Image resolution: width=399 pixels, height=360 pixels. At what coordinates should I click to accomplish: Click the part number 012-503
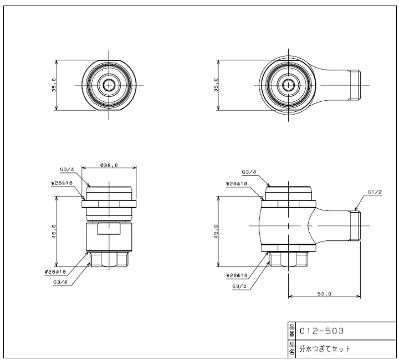coord(322,331)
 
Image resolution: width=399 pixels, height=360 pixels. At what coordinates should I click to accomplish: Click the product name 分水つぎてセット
coord(325,348)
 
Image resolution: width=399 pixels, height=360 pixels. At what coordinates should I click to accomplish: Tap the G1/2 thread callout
coord(375,192)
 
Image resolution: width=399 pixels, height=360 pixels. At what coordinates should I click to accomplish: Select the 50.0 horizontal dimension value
coord(324,294)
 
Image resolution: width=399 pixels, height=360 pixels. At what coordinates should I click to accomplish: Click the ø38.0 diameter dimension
coord(109,165)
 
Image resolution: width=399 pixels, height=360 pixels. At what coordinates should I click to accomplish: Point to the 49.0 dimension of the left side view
coord(54,232)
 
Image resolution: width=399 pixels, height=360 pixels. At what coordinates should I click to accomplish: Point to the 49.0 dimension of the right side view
coord(216,232)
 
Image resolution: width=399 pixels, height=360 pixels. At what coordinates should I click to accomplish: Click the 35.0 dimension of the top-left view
coord(54,85)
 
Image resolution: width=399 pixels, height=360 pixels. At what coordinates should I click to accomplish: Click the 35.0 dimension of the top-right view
coord(216,85)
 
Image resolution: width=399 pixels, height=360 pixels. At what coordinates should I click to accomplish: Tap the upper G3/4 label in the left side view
coord(67,169)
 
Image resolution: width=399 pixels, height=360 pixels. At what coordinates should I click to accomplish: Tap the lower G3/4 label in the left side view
coord(60,282)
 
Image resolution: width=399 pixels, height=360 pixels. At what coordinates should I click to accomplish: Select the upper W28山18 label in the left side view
coord(62,183)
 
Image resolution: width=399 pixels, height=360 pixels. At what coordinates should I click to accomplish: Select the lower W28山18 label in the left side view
coord(55,271)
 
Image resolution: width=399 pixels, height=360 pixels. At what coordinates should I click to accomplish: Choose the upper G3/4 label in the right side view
coord(249,172)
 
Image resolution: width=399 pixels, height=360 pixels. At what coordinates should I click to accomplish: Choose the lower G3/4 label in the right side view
coord(239,286)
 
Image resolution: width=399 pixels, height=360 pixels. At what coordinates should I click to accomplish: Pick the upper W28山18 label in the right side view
coord(237,183)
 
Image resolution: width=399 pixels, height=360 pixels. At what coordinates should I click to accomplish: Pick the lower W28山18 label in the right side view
coord(237,275)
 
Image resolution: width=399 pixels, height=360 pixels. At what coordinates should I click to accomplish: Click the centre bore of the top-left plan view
coord(109,85)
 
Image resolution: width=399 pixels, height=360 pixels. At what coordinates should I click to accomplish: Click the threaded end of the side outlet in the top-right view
coord(355,85)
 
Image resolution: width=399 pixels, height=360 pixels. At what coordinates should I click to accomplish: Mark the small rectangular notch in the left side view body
coord(109,229)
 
